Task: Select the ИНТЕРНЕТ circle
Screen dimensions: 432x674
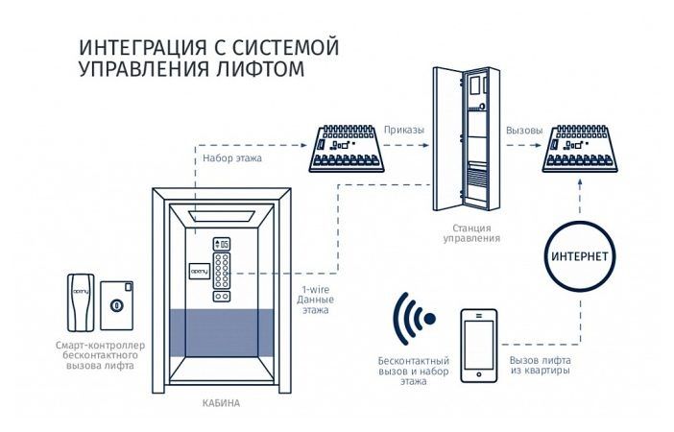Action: (581, 257)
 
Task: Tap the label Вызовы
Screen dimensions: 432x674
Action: (524, 128)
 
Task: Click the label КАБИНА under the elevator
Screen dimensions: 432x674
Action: (222, 403)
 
